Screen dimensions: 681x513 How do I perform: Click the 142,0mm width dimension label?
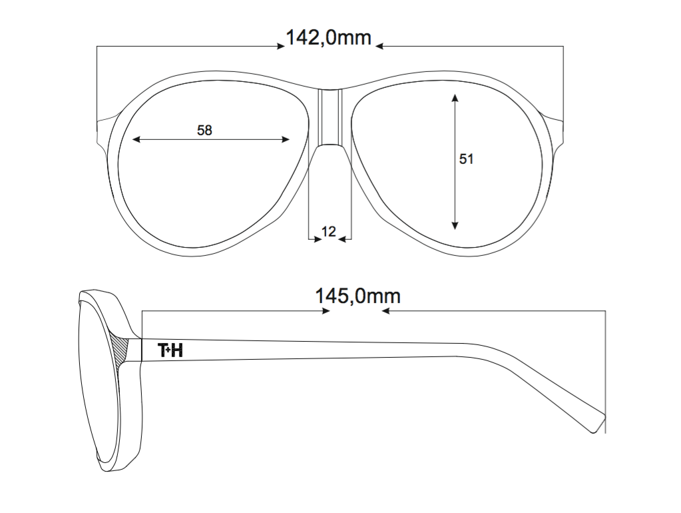[x=328, y=38]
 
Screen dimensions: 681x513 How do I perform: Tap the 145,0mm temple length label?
[x=357, y=296]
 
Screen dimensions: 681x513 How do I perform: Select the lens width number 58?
[x=204, y=130]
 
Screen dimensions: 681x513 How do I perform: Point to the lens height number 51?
[x=466, y=159]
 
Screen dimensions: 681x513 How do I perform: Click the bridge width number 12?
[x=329, y=232]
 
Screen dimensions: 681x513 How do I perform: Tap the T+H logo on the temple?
[x=170, y=350]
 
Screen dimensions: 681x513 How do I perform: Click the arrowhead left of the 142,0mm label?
[x=281, y=47]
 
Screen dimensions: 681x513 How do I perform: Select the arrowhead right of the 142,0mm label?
[x=379, y=46]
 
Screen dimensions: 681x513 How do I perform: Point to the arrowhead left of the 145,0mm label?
[x=326, y=311]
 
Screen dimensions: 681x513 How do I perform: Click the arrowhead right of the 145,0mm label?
[x=385, y=311]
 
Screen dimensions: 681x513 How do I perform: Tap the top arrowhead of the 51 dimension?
[x=455, y=98]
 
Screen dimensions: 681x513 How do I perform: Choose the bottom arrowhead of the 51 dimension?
[x=455, y=225]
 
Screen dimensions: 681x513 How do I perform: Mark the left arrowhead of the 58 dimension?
[x=136, y=139]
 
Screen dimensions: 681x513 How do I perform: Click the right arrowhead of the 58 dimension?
[x=286, y=139]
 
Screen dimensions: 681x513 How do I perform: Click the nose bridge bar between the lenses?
[x=330, y=117]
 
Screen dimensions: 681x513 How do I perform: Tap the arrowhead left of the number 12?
[x=317, y=239]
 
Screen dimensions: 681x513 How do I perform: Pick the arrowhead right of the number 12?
[x=342, y=239]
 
